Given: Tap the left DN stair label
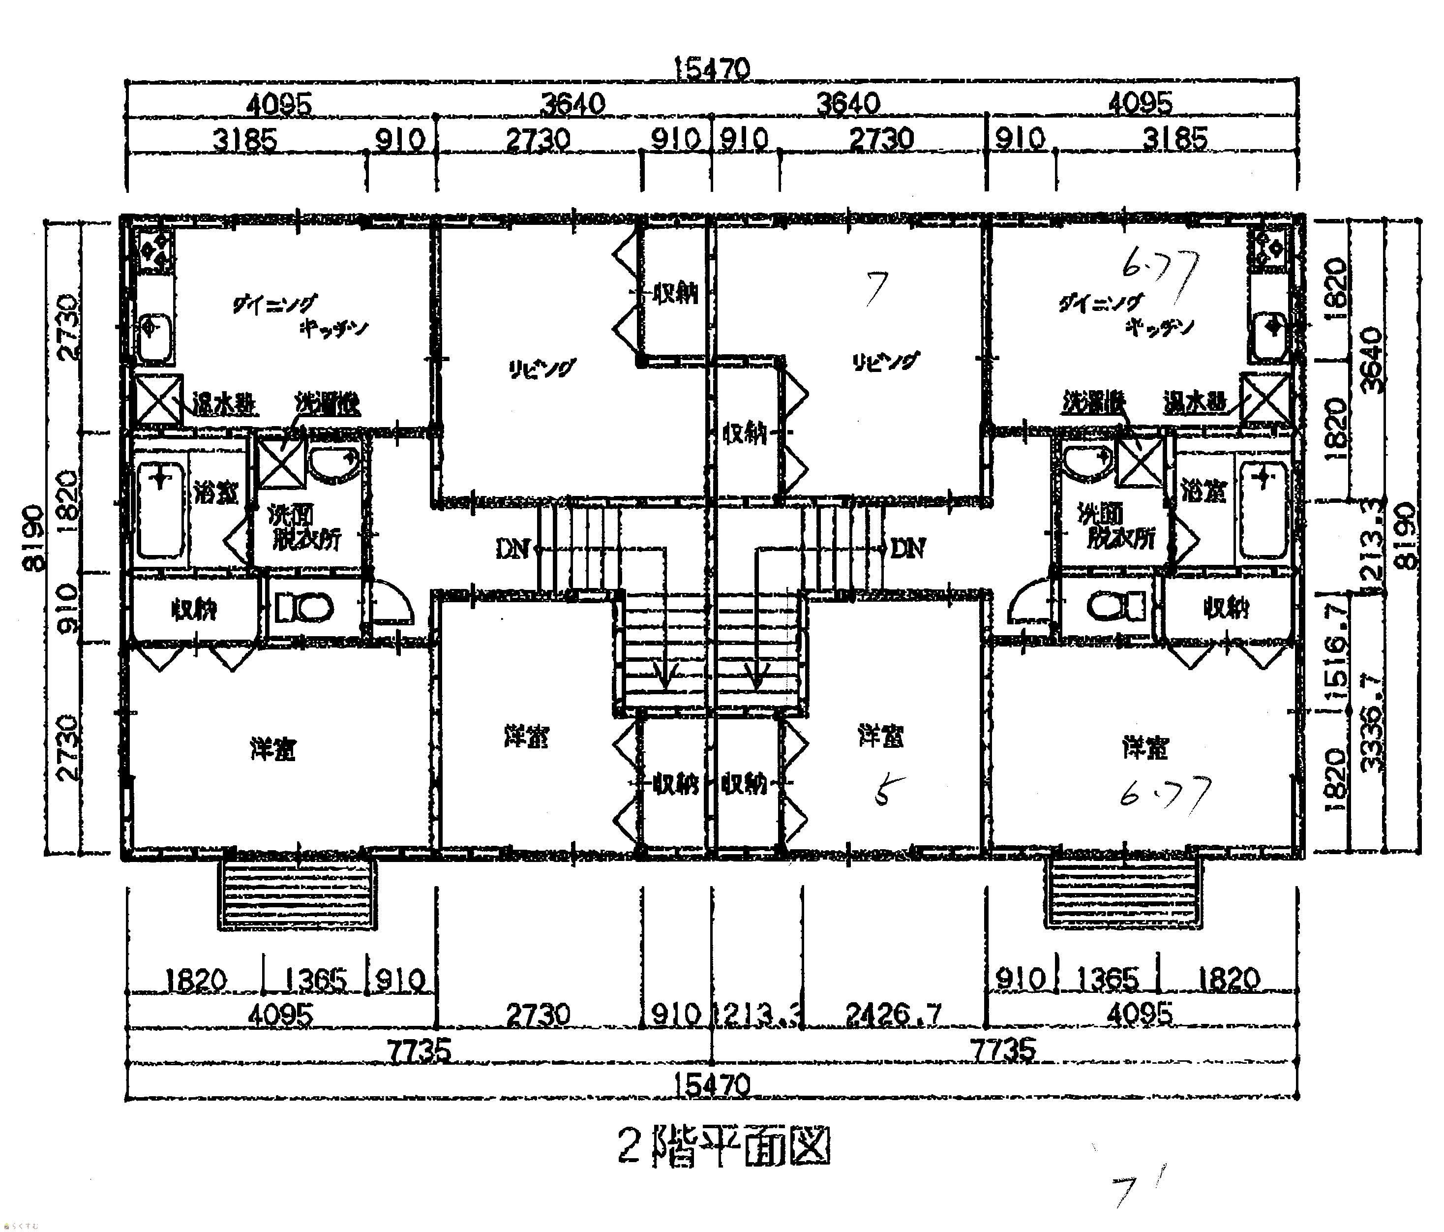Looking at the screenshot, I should [x=513, y=549].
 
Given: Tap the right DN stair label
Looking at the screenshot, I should [x=908, y=549].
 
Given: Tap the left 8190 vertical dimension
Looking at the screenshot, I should [x=33, y=537].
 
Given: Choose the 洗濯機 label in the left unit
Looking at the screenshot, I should [x=328, y=403].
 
